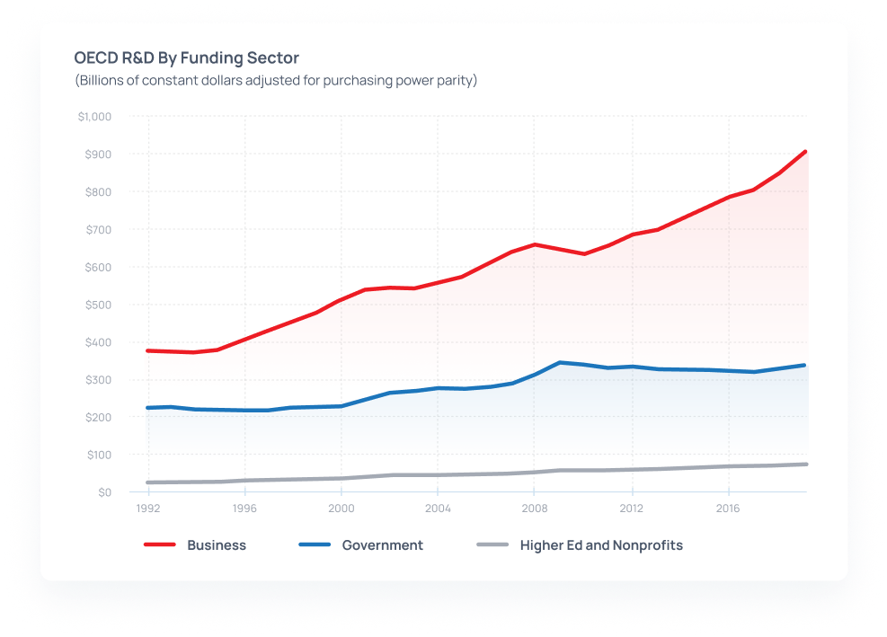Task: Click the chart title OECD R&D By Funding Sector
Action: pos(186,58)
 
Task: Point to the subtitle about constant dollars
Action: pos(275,81)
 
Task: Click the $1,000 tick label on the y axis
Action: pos(94,117)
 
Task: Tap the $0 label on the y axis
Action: pos(105,492)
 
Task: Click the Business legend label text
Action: pos(217,545)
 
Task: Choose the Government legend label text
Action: pos(382,545)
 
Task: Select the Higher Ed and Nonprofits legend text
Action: pos(601,545)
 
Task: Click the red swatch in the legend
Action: pos(159,545)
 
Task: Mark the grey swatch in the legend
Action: pos(492,545)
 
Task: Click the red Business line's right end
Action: pos(805,152)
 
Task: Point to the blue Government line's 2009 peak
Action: pos(560,363)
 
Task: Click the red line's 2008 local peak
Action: pos(535,244)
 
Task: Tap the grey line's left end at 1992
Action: pos(148,482)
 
